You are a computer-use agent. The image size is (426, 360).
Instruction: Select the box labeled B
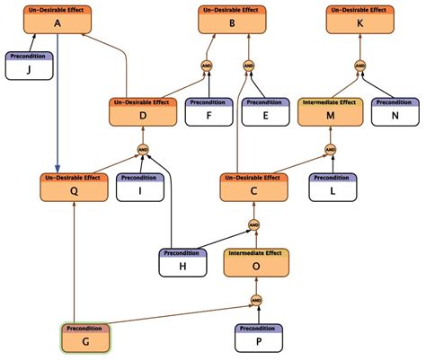coord(232,20)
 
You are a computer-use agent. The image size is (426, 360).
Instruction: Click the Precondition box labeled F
coord(209,113)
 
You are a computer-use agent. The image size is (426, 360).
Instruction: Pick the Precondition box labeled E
coord(267,113)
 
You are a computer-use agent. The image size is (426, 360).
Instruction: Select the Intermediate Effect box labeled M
coord(330,113)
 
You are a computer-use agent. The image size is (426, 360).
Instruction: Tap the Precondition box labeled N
coord(395,113)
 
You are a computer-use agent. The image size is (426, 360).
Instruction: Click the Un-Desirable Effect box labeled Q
coord(75,188)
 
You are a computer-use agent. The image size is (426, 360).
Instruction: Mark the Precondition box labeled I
coord(139,188)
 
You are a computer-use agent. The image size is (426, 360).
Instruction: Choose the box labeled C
coord(254,188)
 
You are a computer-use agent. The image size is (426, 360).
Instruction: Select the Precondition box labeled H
coord(183,262)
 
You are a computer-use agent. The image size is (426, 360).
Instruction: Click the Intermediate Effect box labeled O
coord(256,262)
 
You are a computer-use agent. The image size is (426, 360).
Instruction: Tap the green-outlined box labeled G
coord(84,338)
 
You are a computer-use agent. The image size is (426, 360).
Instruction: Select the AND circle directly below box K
coord(359,66)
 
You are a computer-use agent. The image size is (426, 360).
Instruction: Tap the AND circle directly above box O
coord(253,224)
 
